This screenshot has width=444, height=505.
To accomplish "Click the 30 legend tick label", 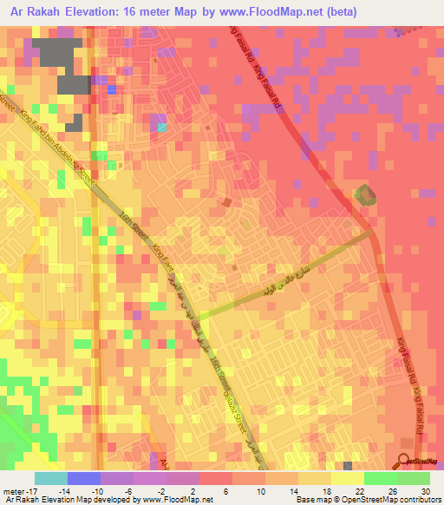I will click(x=426, y=491).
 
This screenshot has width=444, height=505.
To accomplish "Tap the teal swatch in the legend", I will click(x=51, y=478).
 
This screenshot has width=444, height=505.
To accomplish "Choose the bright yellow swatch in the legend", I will click(x=347, y=478).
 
